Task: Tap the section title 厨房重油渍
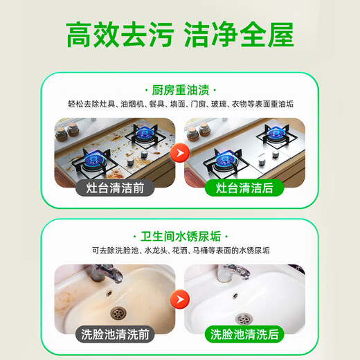click(x=180, y=91)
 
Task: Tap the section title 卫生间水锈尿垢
click(x=180, y=236)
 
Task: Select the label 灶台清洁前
click(x=108, y=187)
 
